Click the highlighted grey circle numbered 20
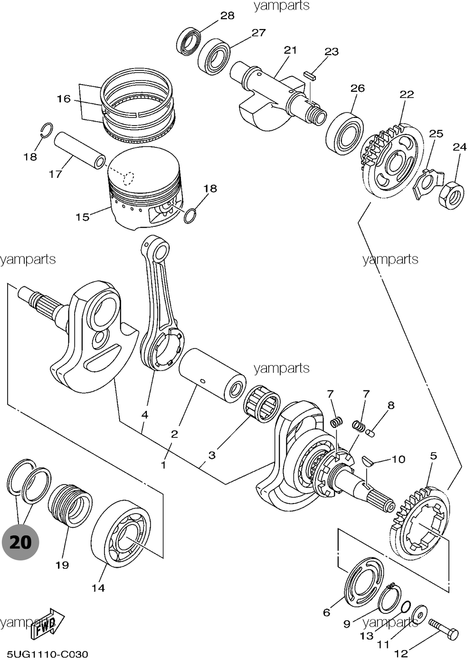pos(20,542)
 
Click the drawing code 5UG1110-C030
pos(47,655)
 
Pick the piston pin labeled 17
pos(78,150)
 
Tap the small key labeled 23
pos(311,75)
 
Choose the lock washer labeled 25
pos(427,183)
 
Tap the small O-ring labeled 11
pos(405,607)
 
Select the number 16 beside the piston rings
pos(63,99)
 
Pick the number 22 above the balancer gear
pos(407,94)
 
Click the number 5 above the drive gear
pos(433,456)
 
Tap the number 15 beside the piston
pos(82,217)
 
